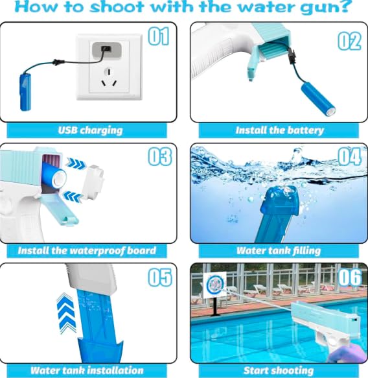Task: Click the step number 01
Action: tap(159, 38)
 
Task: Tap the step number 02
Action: tap(349, 40)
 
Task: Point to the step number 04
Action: tap(349, 158)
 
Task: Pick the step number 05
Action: tap(159, 278)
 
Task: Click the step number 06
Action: tap(349, 278)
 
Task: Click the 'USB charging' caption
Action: tap(90, 130)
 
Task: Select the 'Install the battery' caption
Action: tap(279, 130)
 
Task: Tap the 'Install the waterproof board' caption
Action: tap(87, 250)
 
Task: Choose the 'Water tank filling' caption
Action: tap(279, 250)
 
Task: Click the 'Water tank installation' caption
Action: tap(87, 371)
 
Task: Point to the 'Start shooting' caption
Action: tap(279, 371)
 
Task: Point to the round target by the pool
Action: tap(214, 286)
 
